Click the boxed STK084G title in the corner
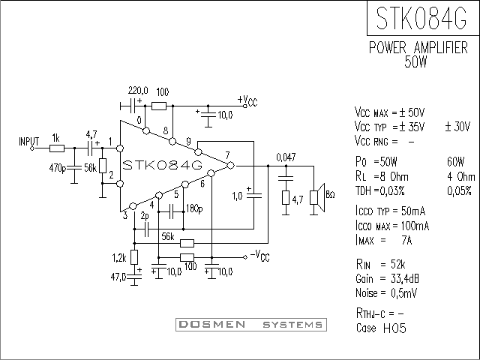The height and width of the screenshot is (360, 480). click(423, 18)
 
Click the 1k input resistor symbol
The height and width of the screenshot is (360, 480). click(57, 148)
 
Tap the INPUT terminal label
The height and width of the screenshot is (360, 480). click(29, 142)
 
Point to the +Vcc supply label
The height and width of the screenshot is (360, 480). click(247, 100)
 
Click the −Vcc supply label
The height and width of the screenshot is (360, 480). click(260, 256)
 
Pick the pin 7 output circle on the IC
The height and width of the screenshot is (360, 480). click(230, 166)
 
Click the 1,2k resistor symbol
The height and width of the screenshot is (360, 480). click(134, 257)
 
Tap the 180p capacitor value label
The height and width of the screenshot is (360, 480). click(194, 208)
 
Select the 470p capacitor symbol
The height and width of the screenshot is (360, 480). click(74, 167)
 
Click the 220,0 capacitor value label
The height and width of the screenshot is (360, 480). click(138, 90)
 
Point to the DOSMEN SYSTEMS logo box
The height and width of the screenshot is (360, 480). click(251, 325)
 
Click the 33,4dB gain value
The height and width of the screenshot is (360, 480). click(405, 279)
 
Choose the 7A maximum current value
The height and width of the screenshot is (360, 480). click(406, 240)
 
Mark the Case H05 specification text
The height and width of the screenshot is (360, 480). click(381, 328)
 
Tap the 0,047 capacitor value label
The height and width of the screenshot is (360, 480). click(286, 157)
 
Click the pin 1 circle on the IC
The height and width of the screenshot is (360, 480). click(120, 148)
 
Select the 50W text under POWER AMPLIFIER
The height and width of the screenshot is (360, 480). click(415, 61)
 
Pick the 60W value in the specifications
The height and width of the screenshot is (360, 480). click(455, 161)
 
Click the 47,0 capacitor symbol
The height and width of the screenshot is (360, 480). click(134, 277)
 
